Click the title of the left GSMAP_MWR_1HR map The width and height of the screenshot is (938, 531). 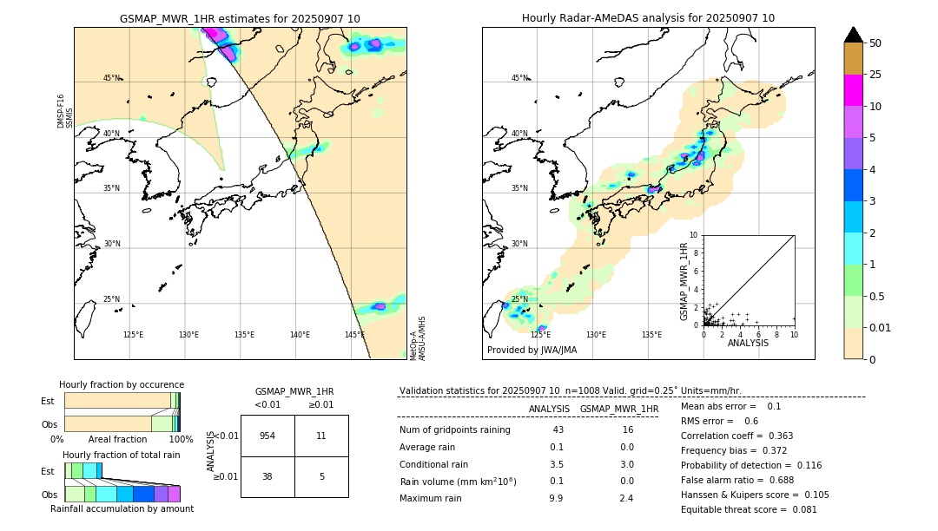[240, 18]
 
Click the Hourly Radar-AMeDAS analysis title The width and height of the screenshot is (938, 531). [648, 18]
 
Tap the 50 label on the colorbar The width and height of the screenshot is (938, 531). [875, 43]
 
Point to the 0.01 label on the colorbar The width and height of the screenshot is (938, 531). [881, 327]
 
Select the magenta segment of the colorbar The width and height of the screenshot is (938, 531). [853, 90]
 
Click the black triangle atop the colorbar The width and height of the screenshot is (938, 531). [853, 35]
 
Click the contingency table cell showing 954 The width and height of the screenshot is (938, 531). [268, 436]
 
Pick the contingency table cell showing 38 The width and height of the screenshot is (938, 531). [268, 476]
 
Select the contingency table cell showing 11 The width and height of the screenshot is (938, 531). [321, 436]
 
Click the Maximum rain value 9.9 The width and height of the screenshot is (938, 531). [556, 498]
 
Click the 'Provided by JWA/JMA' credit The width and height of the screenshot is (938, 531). [532, 351]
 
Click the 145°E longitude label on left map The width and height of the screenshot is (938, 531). [354, 335]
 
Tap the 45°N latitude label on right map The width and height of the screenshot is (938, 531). [519, 78]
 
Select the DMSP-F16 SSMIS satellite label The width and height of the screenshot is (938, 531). [65, 111]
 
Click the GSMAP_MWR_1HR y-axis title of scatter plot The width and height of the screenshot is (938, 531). [684, 281]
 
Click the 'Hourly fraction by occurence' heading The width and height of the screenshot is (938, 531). [122, 384]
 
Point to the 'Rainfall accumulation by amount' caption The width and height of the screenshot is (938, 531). [122, 509]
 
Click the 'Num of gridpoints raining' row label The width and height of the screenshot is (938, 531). [455, 430]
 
